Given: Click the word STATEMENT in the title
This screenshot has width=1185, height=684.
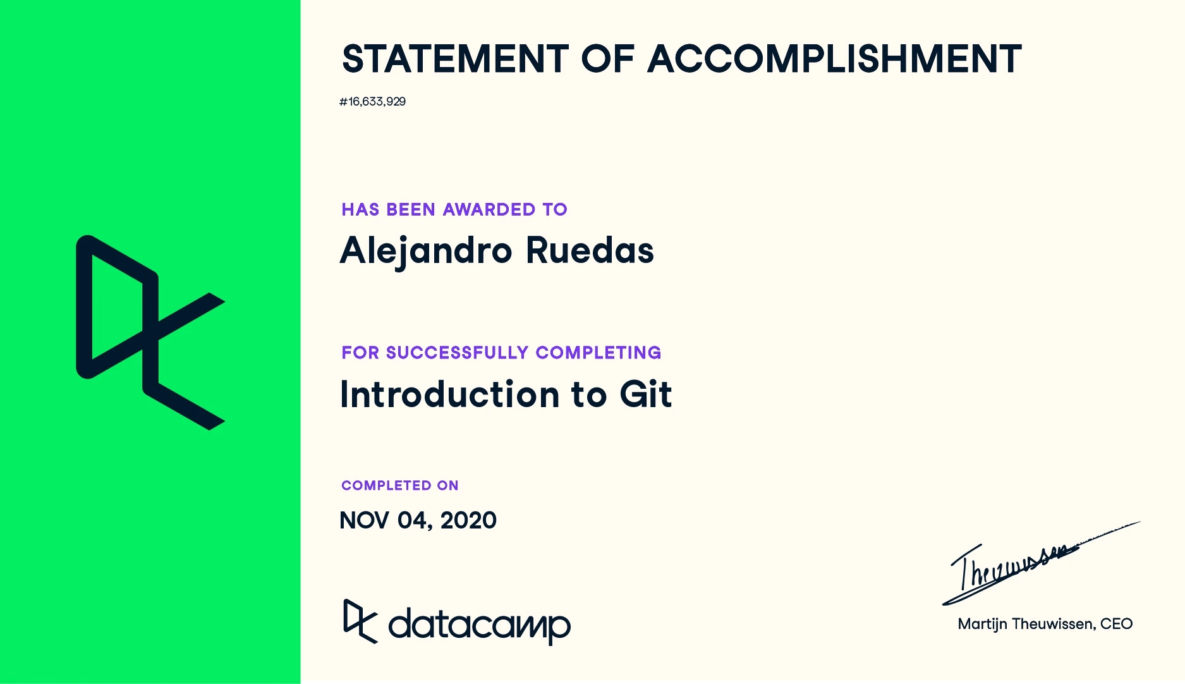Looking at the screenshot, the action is coord(455,59).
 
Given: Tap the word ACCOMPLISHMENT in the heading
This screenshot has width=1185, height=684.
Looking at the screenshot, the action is coord(835,59).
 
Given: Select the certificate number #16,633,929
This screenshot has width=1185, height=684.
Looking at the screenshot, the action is coord(372,102).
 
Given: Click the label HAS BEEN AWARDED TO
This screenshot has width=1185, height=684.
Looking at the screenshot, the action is coord(454,209).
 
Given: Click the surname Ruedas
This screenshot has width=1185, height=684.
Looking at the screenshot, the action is coord(590,250).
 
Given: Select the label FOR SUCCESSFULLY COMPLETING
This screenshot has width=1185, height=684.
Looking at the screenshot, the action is coord(501,353).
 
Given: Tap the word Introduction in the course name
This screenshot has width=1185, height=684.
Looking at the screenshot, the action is coord(449,394).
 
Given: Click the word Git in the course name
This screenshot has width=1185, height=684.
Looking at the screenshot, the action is coord(646,394).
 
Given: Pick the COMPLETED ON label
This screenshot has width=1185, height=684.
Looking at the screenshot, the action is coord(400,486).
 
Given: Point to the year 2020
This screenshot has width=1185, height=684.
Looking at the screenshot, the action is coord(468,520).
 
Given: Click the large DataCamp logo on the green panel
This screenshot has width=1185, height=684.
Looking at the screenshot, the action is coord(150,333).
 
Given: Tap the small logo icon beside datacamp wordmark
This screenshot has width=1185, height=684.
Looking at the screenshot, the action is coord(360,621).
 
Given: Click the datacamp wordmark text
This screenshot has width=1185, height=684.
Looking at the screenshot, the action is coord(479,626).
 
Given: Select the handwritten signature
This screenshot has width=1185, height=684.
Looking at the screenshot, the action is coord(1040,563).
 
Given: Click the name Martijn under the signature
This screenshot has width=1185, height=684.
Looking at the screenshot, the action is coord(983,625).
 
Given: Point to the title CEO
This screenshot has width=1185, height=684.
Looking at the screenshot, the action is coord(1116,624).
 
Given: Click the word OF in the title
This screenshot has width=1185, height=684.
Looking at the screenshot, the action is coord(607,59).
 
